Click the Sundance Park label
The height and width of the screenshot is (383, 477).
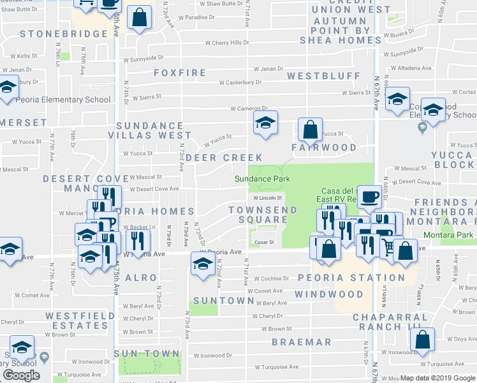[x=262, y=179]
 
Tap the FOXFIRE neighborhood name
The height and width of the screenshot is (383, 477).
[x=180, y=73]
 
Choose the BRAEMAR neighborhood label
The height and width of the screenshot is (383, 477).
[x=302, y=342]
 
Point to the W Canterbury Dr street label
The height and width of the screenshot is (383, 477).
[x=240, y=82]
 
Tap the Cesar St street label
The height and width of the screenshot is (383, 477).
[x=264, y=242]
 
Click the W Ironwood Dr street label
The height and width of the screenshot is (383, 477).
[x=213, y=356]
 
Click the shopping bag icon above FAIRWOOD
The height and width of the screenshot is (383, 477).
[x=309, y=130]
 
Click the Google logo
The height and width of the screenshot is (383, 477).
[x=21, y=375]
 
